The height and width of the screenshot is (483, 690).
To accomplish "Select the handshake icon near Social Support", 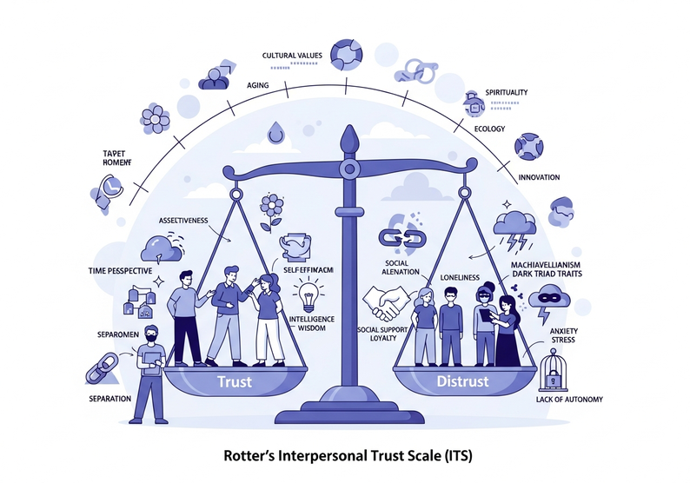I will click(386, 303).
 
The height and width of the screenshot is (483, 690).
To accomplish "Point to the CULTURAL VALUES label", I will click(292, 56).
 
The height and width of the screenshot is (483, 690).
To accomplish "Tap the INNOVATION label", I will click(540, 176).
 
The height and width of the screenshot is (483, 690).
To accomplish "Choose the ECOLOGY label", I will click(490, 129).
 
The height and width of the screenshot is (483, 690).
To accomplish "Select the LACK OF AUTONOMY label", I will click(571, 400).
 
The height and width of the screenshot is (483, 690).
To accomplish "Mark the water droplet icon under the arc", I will click(275, 133).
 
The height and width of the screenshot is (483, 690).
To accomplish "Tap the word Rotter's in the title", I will click(249, 455).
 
